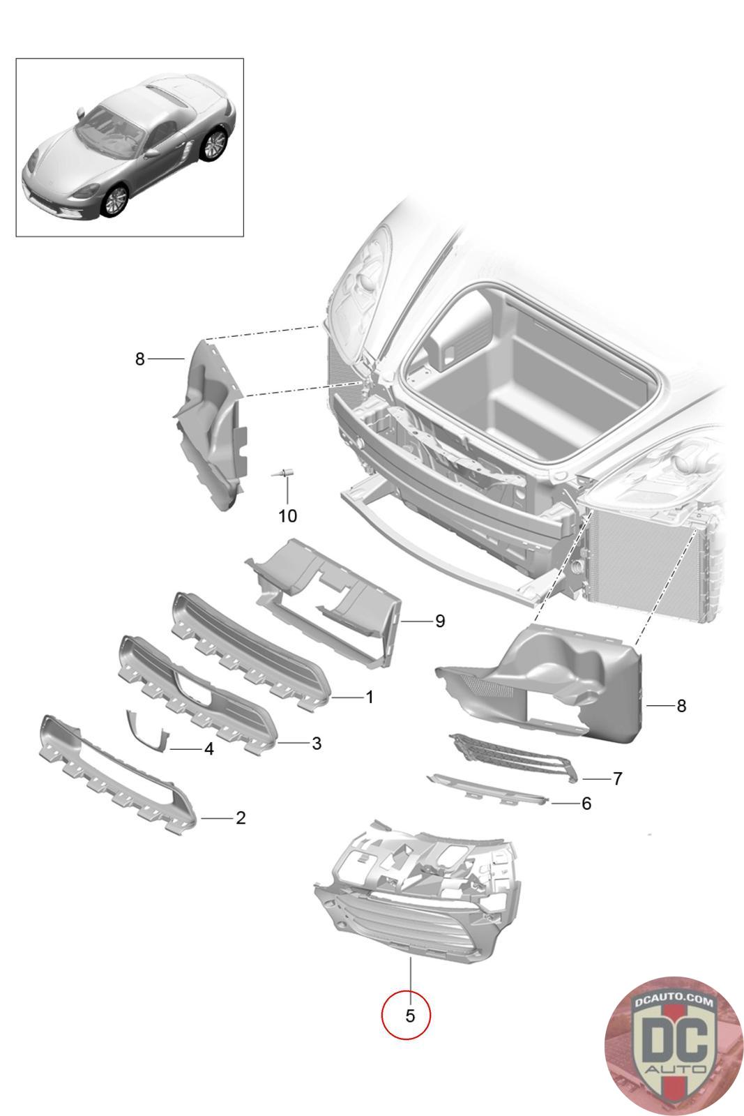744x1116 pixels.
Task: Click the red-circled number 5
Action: click(409, 1016)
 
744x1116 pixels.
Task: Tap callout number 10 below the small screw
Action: click(287, 516)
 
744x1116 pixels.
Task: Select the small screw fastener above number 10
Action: click(284, 474)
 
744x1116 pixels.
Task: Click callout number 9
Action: click(439, 621)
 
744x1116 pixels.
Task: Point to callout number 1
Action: click(370, 697)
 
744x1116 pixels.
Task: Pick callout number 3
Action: click(317, 744)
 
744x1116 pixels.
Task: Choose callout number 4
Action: click(208, 749)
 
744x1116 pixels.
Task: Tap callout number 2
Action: click(241, 817)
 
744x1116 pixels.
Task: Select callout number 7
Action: click(617, 778)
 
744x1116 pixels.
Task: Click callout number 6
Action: click(586, 804)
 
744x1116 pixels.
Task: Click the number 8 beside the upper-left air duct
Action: click(140, 359)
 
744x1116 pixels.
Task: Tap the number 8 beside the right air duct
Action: click(681, 706)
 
